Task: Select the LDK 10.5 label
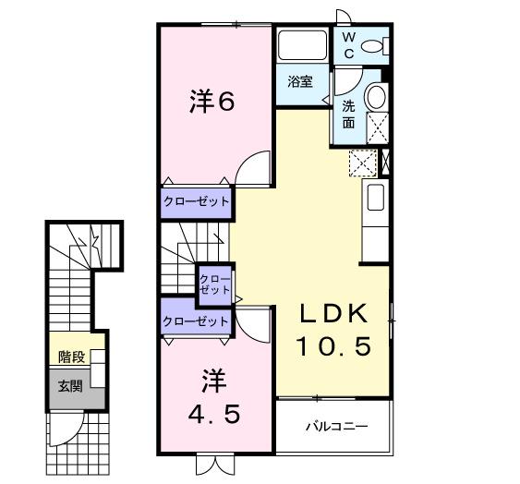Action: (x=333, y=330)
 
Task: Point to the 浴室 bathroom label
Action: (x=300, y=81)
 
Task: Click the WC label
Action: (x=349, y=43)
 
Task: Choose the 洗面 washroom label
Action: (x=349, y=114)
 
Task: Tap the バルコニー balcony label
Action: (x=336, y=427)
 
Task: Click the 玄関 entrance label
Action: (x=70, y=385)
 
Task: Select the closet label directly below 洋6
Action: (x=196, y=201)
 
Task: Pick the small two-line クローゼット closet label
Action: (x=215, y=284)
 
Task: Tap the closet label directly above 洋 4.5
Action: (x=195, y=321)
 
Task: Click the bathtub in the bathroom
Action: (x=299, y=45)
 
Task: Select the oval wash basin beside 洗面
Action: (x=376, y=98)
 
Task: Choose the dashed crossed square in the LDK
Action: (x=363, y=163)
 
